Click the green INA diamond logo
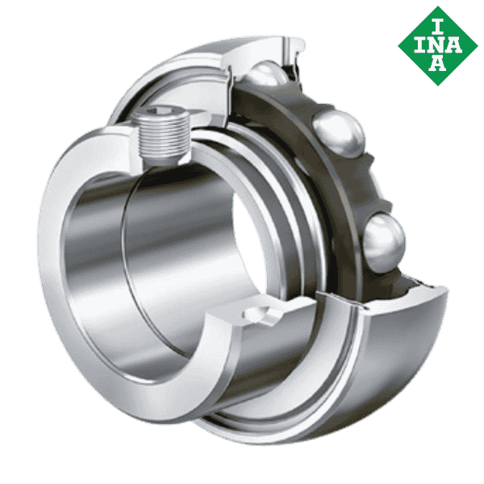tap(438, 46)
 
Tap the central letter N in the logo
tap(437, 45)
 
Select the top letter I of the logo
tap(437, 27)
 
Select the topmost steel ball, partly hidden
tap(266, 73)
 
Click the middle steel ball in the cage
tap(339, 134)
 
